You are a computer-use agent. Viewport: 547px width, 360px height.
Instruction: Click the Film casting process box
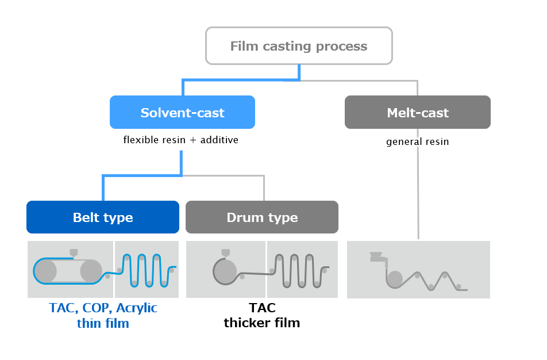[299, 46]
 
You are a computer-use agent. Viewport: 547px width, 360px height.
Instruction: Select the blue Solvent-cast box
[182, 112]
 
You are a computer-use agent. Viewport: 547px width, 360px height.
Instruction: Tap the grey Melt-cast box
[417, 112]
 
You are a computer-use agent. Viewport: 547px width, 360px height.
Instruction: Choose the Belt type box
[103, 217]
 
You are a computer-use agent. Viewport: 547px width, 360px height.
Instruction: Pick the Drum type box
[262, 217]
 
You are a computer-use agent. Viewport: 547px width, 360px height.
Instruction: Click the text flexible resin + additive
[180, 140]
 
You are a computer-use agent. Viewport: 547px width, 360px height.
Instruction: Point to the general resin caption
[417, 141]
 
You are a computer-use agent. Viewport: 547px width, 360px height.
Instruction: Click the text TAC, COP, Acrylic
[103, 308]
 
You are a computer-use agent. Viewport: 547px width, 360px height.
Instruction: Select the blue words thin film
[103, 323]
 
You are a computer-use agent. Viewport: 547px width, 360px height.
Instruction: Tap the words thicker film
[262, 323]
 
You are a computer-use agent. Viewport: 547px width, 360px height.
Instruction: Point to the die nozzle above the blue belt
[74, 252]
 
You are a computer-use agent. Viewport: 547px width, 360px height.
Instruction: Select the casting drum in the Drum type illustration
[225, 269]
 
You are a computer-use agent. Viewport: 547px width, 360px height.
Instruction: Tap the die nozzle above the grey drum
[225, 252]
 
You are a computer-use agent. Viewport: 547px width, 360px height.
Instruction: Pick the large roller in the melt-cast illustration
[395, 279]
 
